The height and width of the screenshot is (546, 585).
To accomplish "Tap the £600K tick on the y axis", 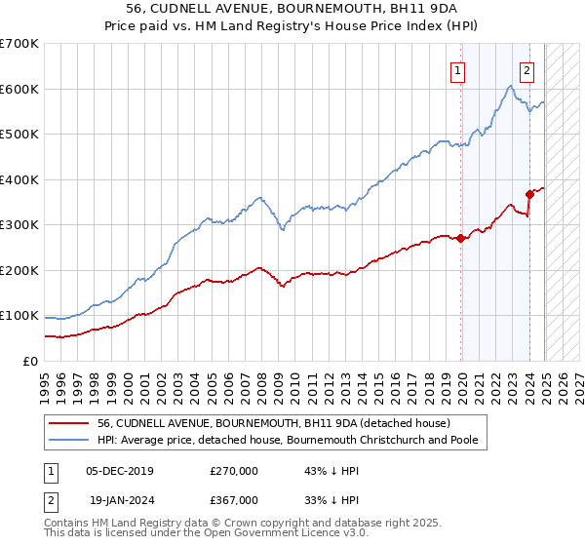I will tap(19, 89).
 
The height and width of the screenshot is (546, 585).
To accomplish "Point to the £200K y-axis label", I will tap(19, 270).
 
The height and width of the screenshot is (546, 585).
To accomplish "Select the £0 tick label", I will tap(31, 361).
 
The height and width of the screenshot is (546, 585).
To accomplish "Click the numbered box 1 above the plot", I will tap(458, 69).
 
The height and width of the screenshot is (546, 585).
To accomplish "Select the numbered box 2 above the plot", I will tap(526, 69).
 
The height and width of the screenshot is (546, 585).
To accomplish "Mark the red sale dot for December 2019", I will tap(460, 239).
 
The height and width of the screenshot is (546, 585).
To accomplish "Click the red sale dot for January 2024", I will tap(529, 194).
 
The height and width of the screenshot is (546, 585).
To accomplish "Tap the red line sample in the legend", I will tap(70, 424).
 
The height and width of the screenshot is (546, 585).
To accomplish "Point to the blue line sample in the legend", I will tap(70, 441).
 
